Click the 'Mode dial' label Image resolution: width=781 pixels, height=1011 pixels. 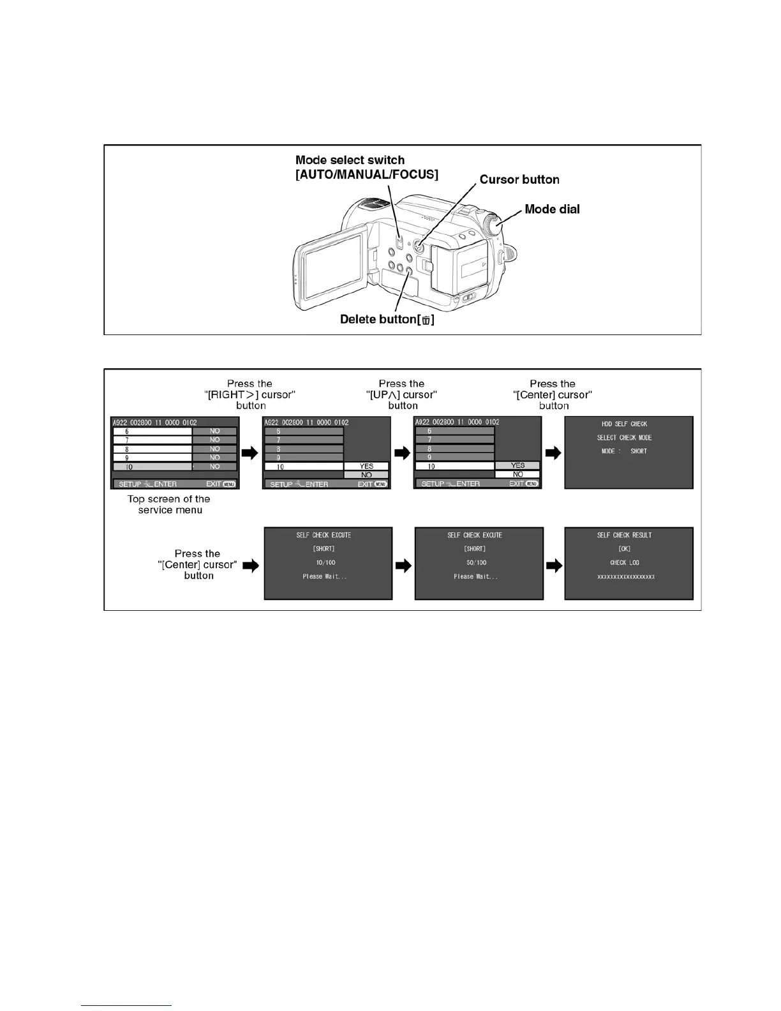[552, 209]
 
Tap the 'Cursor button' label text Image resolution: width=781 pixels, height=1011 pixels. [519, 180]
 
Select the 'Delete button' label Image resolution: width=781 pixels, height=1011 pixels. [387, 319]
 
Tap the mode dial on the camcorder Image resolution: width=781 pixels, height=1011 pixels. [493, 225]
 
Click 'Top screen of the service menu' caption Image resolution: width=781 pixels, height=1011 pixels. [169, 505]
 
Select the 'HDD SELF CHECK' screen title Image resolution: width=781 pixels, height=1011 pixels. [624, 424]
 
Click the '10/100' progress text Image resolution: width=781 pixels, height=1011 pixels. [325, 563]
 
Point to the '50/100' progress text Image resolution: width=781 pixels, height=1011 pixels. [476, 563]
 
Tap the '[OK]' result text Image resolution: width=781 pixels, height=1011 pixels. [625, 549]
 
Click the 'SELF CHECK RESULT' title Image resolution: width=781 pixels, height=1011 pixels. [625, 535]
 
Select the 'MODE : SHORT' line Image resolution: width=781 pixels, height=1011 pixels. [624, 451]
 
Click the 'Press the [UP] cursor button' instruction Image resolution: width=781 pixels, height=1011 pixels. [402, 394]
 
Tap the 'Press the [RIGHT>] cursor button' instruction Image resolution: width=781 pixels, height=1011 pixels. [250, 394]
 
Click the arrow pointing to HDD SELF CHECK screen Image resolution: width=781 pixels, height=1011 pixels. [553, 453]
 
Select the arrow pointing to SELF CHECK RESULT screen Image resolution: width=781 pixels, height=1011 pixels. [553, 565]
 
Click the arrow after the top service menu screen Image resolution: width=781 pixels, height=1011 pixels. [251, 453]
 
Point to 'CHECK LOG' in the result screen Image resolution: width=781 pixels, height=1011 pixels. [625, 563]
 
